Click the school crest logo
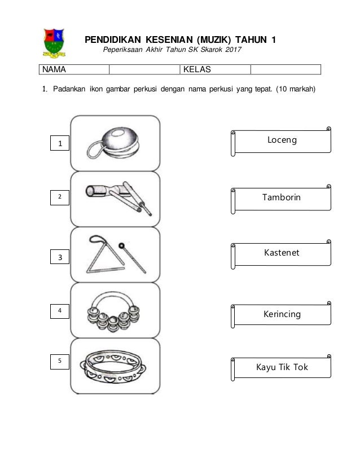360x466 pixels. pyautogui.click(x=54, y=43)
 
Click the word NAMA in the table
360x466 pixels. pyautogui.click(x=52, y=70)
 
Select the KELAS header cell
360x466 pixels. pyautogui.click(x=195, y=70)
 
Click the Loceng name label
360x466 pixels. pyautogui.click(x=283, y=140)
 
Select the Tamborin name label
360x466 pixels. pyautogui.click(x=283, y=197)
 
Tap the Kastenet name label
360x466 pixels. pyautogui.click(x=283, y=253)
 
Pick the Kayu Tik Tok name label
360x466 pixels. pyautogui.click(x=283, y=368)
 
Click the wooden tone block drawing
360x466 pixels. pyautogui.click(x=116, y=197)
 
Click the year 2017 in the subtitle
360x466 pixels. pyautogui.click(x=231, y=51)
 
